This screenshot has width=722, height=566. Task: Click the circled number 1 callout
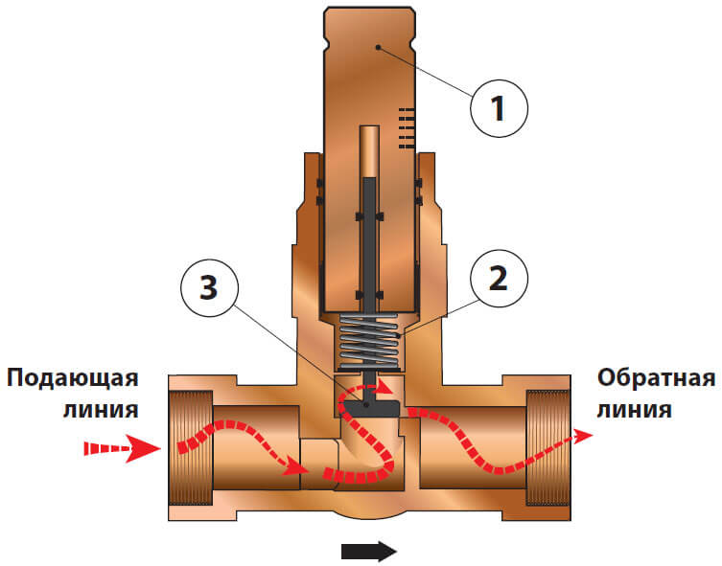tap(499, 109)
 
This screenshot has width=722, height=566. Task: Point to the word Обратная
tap(656, 377)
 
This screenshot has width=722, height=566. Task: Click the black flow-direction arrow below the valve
tap(368, 550)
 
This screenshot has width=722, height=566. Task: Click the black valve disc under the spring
tap(368, 408)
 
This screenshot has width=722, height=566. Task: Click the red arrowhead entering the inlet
tap(144, 447)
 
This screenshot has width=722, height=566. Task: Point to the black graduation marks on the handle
tap(408, 127)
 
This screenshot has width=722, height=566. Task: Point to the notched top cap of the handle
tap(368, 34)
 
